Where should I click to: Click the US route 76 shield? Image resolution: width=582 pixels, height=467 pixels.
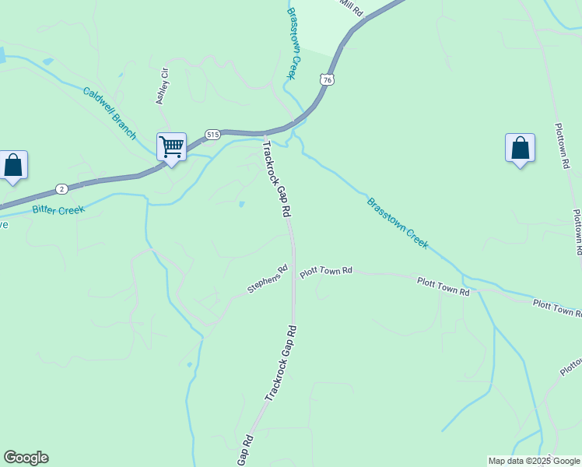pyautogui.click(x=328, y=80)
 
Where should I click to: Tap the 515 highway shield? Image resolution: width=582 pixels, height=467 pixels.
pyautogui.click(x=212, y=135)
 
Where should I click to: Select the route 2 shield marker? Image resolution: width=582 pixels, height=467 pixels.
pyautogui.click(x=61, y=188)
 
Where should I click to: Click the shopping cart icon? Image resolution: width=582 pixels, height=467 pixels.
pyautogui.click(x=171, y=146)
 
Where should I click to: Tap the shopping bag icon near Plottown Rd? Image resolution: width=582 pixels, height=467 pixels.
pyautogui.click(x=520, y=148)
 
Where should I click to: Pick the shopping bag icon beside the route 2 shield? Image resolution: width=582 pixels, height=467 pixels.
pyautogui.click(x=13, y=165)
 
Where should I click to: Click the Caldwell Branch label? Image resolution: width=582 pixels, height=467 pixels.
pyautogui.click(x=110, y=112)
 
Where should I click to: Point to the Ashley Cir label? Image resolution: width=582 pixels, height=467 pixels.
pyautogui.click(x=162, y=86)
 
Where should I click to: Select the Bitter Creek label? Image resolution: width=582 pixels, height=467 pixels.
pyautogui.click(x=58, y=208)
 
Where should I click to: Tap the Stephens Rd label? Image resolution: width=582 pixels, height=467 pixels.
pyautogui.click(x=268, y=279)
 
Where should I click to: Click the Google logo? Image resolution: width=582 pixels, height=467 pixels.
pyautogui.click(x=26, y=458)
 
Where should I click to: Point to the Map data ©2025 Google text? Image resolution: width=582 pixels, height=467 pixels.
pyautogui.click(x=534, y=461)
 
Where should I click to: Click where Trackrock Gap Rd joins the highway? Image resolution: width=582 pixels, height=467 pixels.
pyautogui.click(x=265, y=135)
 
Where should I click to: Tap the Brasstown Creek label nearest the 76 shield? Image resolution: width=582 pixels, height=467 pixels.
pyautogui.click(x=293, y=43)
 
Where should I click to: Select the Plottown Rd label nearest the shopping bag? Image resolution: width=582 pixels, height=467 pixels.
pyautogui.click(x=563, y=146)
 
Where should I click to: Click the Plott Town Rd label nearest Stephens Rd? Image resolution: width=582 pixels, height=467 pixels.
pyautogui.click(x=327, y=271)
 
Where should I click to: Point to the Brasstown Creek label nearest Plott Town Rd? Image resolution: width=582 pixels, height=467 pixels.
pyautogui.click(x=398, y=223)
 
